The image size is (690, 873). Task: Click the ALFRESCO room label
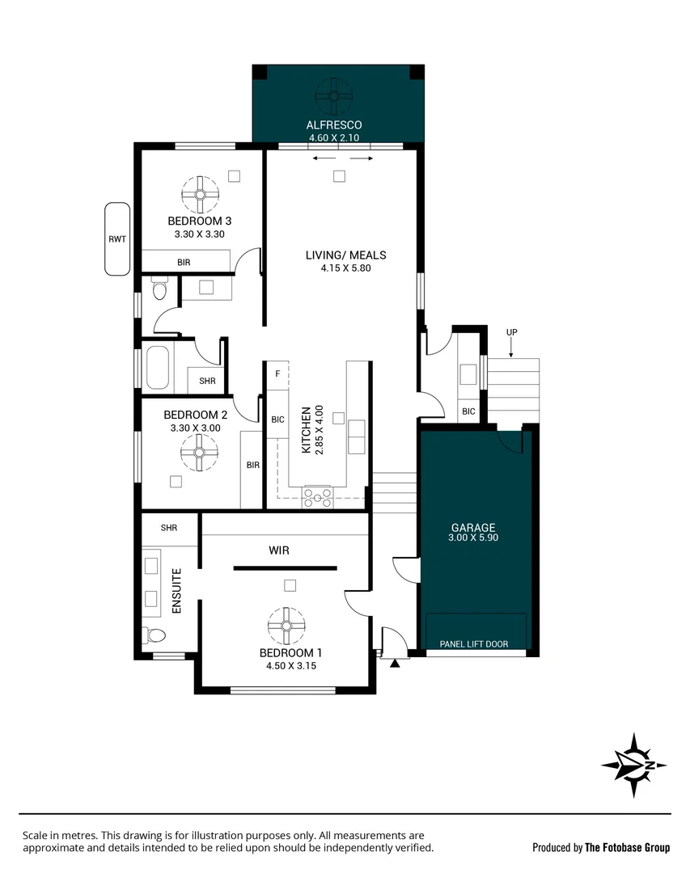click(333, 125)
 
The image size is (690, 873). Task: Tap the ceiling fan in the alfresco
click(333, 95)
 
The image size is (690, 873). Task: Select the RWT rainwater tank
click(116, 239)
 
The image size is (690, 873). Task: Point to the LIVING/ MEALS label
click(345, 255)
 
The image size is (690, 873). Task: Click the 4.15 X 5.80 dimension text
click(345, 268)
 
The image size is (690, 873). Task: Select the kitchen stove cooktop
click(316, 496)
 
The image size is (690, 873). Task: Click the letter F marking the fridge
click(278, 373)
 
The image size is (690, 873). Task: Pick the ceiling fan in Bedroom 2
click(198, 451)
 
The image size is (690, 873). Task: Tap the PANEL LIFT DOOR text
click(474, 644)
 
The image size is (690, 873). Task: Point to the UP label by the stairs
click(511, 332)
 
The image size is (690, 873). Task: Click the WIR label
click(279, 550)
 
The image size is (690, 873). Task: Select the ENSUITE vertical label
click(177, 593)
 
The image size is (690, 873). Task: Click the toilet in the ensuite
click(154, 634)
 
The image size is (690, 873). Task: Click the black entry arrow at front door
click(395, 664)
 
